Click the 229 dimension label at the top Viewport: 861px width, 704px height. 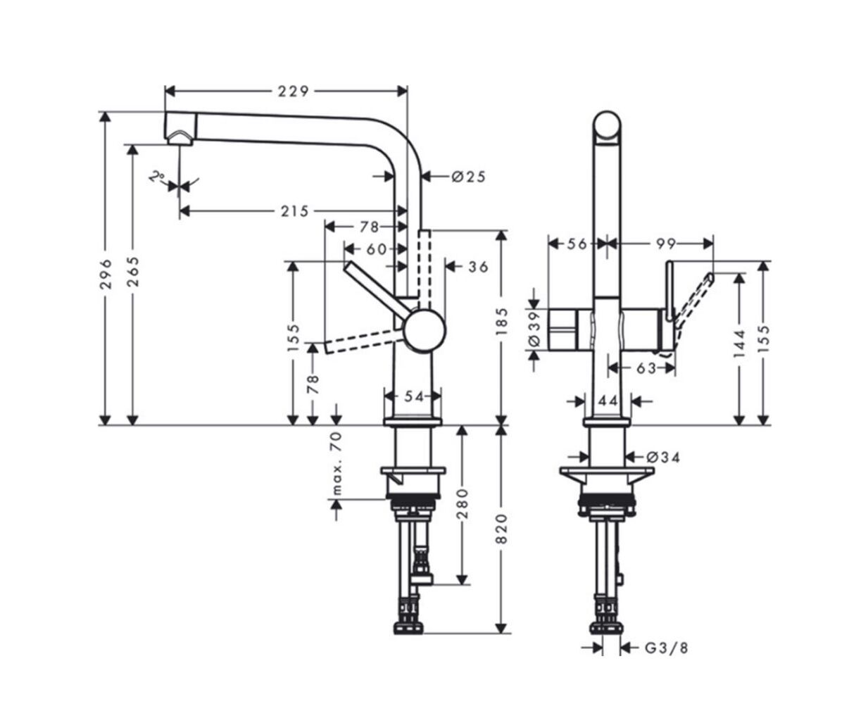point(293,92)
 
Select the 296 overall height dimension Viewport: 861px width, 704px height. point(106,274)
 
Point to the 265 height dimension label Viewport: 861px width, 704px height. point(132,272)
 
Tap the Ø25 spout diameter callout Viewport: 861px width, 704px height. point(468,177)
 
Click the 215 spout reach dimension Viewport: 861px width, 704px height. point(295,211)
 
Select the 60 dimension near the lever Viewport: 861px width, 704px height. point(376,249)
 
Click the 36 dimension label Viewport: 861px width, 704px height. point(478,267)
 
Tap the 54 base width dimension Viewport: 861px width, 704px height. point(415,396)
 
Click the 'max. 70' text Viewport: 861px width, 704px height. point(337,463)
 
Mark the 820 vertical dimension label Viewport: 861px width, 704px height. point(501,529)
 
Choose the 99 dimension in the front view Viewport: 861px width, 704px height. point(666,244)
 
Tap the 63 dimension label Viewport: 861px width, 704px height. point(646,368)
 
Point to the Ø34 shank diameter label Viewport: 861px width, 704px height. point(663,458)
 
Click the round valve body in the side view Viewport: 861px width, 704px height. point(425,330)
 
